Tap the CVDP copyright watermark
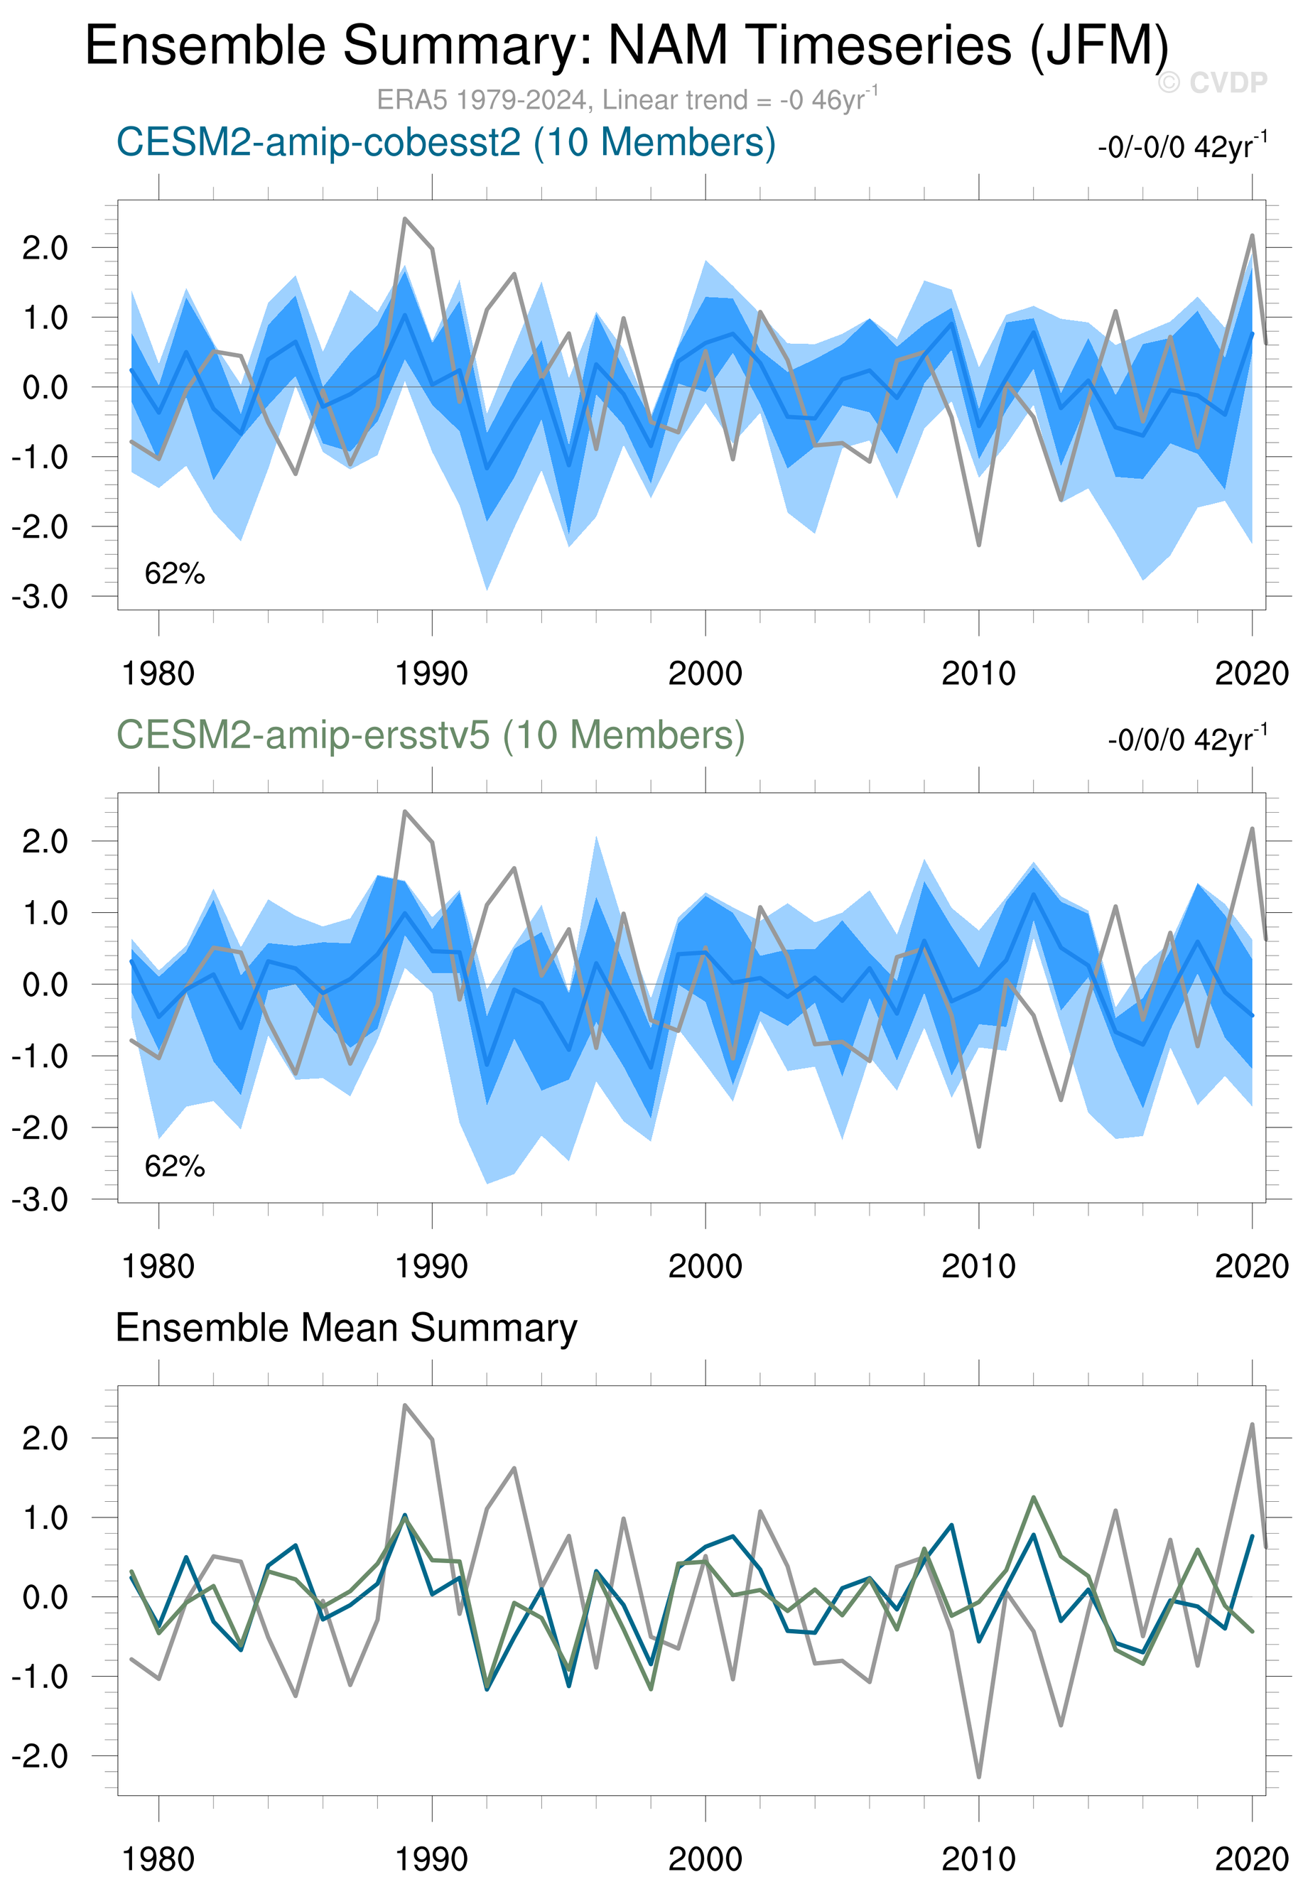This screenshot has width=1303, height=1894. tap(1212, 82)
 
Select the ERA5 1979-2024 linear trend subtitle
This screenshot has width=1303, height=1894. tap(626, 99)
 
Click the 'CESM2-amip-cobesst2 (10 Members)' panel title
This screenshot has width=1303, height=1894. tap(445, 142)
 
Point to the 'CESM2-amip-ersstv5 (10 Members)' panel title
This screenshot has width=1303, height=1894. tap(431, 735)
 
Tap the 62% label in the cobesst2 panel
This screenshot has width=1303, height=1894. tap(175, 574)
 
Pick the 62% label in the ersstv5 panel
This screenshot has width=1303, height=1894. tap(175, 1167)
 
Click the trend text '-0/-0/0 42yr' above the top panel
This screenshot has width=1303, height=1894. tap(1182, 147)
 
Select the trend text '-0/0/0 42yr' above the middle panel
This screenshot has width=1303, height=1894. tap(1187, 740)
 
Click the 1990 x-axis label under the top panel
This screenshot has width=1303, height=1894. tap(431, 674)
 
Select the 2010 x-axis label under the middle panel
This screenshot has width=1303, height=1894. tap(978, 1267)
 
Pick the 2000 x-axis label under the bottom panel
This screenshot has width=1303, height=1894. tap(705, 1860)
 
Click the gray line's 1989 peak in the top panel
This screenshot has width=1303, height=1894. tap(405, 219)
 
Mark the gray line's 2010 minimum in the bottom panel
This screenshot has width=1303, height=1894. tap(979, 1777)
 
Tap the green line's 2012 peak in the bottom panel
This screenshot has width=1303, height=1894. tap(1034, 1498)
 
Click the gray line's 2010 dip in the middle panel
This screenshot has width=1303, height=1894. tap(979, 1146)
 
